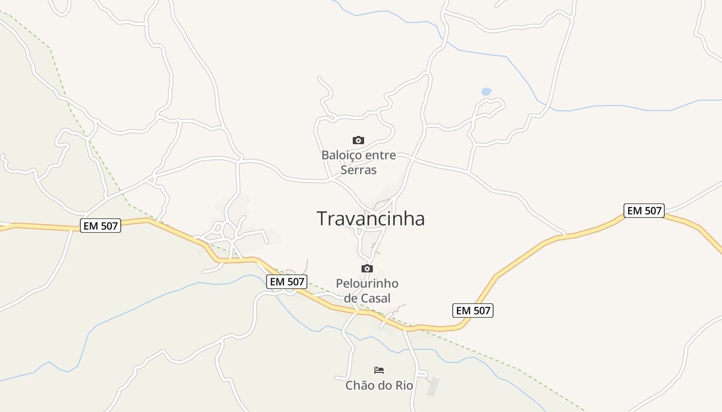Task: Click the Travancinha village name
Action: (370, 219)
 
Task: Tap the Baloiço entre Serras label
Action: (358, 162)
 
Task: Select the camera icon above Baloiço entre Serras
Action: (358, 140)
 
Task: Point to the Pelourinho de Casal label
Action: (367, 290)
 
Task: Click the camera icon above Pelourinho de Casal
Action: (367, 268)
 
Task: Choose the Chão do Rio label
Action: (379, 385)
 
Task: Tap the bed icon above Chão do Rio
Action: (379, 370)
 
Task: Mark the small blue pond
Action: (486, 92)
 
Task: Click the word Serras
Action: (358, 170)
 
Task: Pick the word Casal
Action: (375, 298)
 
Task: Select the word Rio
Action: (404, 385)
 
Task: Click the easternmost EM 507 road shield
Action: (644, 211)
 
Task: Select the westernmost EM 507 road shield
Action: (101, 226)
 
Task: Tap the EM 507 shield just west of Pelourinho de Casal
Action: (287, 281)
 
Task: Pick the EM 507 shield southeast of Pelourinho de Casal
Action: (473, 311)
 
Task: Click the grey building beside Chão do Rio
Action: (434, 387)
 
